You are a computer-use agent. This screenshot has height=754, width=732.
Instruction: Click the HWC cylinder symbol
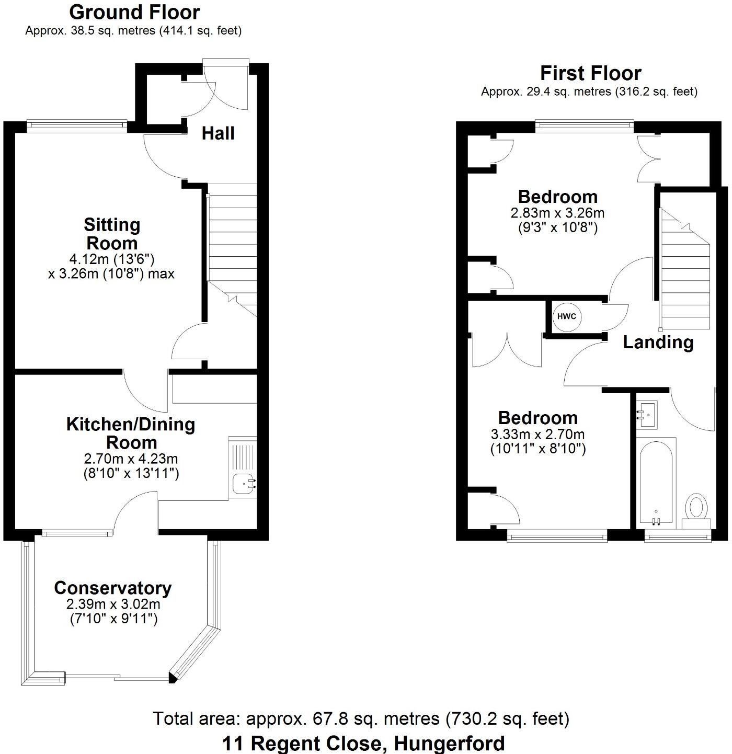pyautogui.click(x=567, y=316)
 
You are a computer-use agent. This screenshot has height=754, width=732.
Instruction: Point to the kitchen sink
pyautogui.click(x=244, y=484)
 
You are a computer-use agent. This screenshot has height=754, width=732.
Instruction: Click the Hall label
pyautogui.click(x=218, y=134)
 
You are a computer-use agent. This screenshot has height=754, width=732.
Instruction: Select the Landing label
pyautogui.click(x=658, y=342)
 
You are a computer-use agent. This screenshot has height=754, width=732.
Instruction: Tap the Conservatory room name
pyautogui.click(x=112, y=588)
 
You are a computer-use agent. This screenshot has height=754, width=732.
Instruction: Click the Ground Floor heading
pyautogui.click(x=134, y=12)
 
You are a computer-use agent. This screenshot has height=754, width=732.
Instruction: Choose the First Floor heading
pyautogui.click(x=590, y=73)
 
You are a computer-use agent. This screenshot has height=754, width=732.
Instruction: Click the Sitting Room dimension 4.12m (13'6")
pyautogui.click(x=112, y=258)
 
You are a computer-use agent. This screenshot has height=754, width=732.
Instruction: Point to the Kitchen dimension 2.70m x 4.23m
pyautogui.click(x=131, y=459)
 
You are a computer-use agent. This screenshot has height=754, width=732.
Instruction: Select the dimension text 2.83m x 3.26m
pyautogui.click(x=557, y=213)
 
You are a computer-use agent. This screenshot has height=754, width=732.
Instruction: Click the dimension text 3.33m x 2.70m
pyautogui.click(x=537, y=435)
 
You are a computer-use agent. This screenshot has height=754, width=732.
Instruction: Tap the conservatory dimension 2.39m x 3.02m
pyautogui.click(x=113, y=604)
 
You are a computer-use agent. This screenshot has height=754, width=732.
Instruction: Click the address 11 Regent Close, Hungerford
pyautogui.click(x=364, y=743)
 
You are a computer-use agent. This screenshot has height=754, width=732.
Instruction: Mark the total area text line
pyautogui.click(x=361, y=719)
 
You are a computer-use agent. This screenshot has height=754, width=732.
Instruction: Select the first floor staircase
pyautogui.click(x=685, y=272)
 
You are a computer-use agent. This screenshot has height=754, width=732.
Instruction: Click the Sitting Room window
pyautogui.click(x=77, y=124)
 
